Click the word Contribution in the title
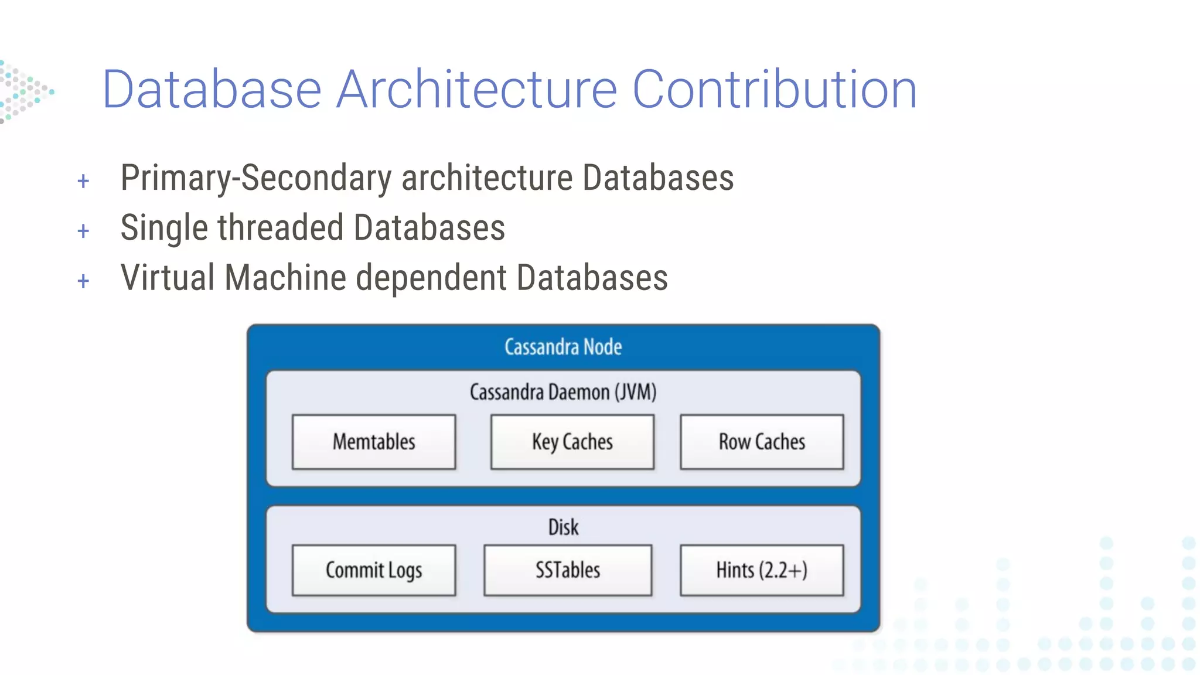774,90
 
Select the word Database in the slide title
212,90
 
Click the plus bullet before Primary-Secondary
83,181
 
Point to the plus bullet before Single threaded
83,231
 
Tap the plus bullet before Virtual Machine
83,281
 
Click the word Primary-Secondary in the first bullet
256,178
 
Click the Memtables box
374,442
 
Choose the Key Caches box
572,442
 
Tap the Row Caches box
762,442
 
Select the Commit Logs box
374,570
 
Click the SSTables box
567,570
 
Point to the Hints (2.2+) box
762,570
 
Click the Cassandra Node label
563,347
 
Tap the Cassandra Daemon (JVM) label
563,392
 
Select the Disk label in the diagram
563,527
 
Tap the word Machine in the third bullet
285,278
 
